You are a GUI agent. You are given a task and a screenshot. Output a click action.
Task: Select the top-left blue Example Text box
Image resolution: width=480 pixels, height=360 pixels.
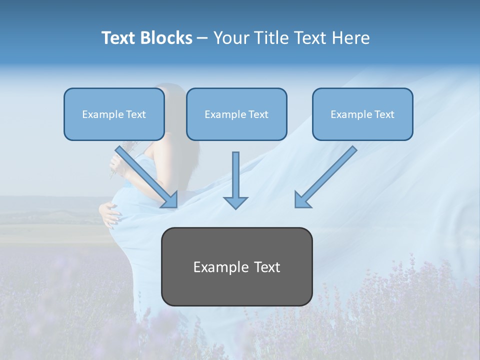tap(114, 114)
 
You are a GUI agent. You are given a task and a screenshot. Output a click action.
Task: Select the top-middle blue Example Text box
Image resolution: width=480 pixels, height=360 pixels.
tap(236, 114)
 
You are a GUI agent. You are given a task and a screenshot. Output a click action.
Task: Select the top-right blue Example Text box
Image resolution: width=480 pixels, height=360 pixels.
tap(362, 114)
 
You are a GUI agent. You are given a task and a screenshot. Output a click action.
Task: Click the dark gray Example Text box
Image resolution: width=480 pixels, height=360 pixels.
tap(236, 267)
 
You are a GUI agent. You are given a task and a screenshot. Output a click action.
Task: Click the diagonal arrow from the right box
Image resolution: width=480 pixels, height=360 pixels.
tap(330, 172)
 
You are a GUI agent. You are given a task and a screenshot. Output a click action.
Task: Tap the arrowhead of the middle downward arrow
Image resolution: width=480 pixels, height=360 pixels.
tap(235, 202)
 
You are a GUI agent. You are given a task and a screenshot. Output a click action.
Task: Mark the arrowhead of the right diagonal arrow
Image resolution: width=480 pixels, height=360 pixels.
tap(302, 200)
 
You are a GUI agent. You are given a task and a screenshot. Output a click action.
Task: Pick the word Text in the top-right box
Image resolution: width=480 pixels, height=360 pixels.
tap(384, 114)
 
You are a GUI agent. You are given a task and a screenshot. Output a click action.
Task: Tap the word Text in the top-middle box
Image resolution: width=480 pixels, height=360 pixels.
tap(258, 114)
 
